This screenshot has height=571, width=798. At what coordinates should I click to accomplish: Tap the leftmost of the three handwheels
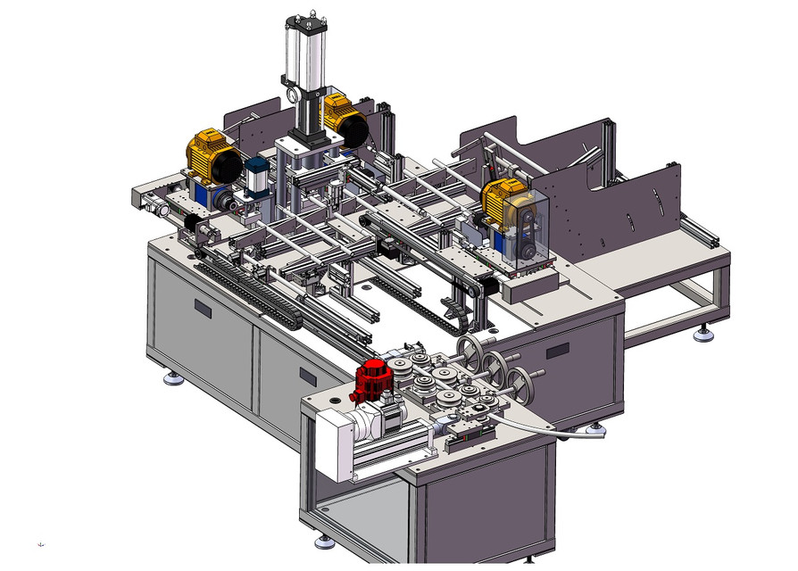pyautogui.click(x=468, y=349)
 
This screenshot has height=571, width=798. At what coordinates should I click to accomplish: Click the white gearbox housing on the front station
pyautogui.click(x=339, y=443)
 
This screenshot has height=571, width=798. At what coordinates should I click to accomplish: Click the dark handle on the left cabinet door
pyautogui.click(x=204, y=309)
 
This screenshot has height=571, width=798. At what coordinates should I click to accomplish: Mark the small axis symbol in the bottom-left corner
pyautogui.click(x=41, y=543)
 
